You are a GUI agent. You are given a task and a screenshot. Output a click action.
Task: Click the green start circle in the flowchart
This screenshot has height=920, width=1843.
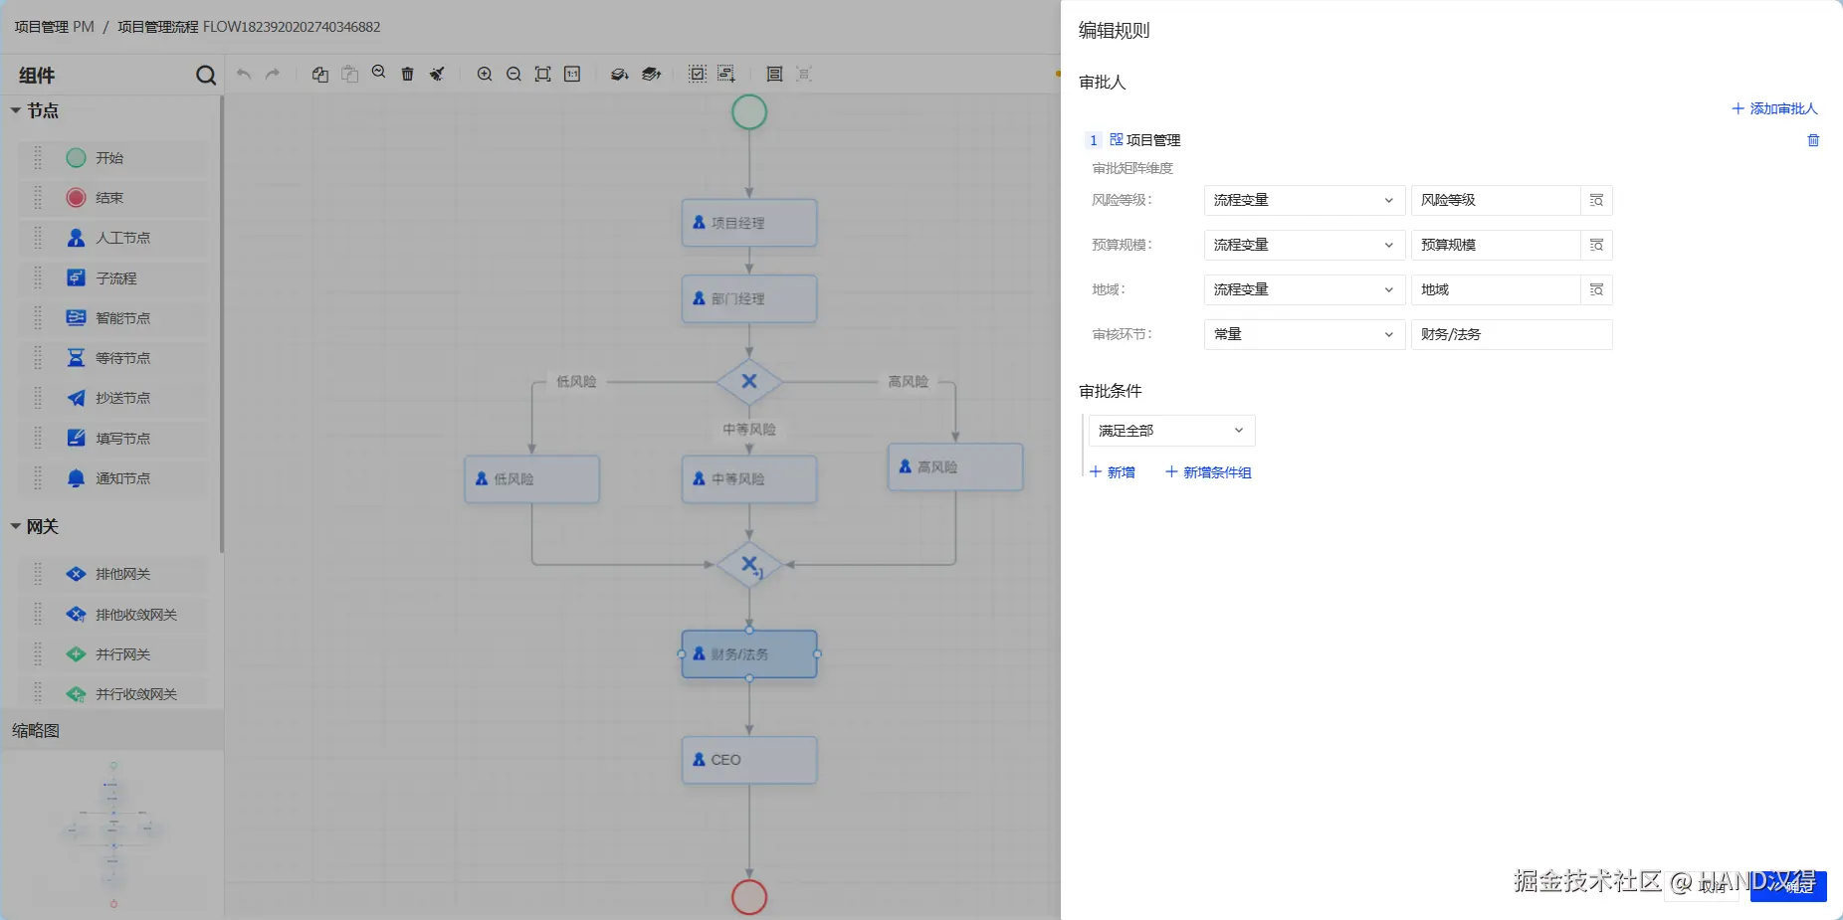pyautogui.click(x=749, y=112)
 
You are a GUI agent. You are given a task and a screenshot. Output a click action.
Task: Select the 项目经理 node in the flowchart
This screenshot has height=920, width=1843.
pyautogui.click(x=749, y=223)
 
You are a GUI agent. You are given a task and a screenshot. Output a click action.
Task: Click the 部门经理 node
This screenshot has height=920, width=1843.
pyautogui.click(x=749, y=298)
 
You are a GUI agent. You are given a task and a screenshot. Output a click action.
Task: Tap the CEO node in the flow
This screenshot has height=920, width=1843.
pyautogui.click(x=749, y=760)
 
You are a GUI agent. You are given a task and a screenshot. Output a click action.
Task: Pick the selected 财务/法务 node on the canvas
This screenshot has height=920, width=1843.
pyautogui.click(x=749, y=654)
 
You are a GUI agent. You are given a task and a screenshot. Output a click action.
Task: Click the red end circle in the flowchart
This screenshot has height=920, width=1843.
pyautogui.click(x=749, y=897)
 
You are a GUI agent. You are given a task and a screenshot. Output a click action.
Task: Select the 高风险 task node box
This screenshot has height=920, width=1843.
pyautogui.click(x=955, y=466)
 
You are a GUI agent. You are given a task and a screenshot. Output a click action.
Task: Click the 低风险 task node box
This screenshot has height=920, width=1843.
pyautogui.click(x=531, y=478)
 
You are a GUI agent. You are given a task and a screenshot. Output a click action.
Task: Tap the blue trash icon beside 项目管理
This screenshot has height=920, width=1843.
pyautogui.click(x=1813, y=140)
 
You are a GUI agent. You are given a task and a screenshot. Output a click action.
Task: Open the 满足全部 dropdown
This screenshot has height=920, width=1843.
pyautogui.click(x=1171, y=431)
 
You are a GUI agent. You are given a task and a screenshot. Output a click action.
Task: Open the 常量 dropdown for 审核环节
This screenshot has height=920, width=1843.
pyautogui.click(x=1303, y=334)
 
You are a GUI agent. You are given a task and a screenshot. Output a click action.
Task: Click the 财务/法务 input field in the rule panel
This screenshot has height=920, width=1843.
pyautogui.click(x=1511, y=334)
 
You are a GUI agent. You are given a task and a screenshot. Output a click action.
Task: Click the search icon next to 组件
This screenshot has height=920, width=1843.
pyautogui.click(x=206, y=76)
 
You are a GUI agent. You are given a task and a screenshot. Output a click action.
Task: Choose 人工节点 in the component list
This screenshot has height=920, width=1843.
pyautogui.click(x=121, y=238)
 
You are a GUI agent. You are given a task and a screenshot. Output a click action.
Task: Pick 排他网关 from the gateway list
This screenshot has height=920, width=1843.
pyautogui.click(x=121, y=574)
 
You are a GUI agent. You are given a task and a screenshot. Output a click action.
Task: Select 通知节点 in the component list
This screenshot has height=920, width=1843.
pyautogui.click(x=121, y=478)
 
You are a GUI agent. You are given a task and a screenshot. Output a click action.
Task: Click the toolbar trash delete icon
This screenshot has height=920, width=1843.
pyautogui.click(x=407, y=74)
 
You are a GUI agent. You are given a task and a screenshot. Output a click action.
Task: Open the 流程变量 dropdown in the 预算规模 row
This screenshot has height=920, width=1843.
pyautogui.click(x=1303, y=245)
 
